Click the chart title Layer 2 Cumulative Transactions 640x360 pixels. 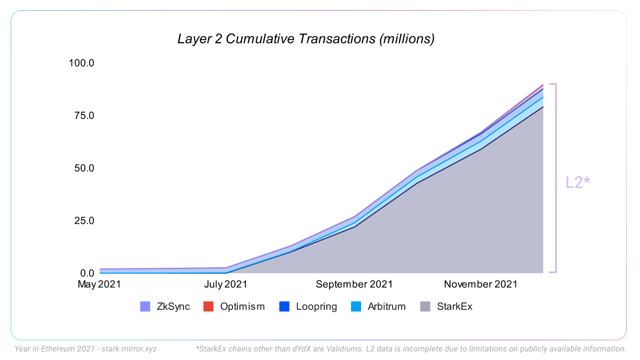pyautogui.click(x=306, y=39)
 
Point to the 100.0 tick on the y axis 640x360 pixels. pyautogui.click(x=81, y=63)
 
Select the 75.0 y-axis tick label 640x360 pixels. pyautogui.click(x=83, y=116)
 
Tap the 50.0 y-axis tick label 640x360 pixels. pyautogui.click(x=83, y=168)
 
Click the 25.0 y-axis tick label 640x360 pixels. pyautogui.click(x=83, y=221)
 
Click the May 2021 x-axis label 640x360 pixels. pyautogui.click(x=99, y=284)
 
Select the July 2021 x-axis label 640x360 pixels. pyautogui.click(x=226, y=284)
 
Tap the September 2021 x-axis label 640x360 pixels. pyautogui.click(x=354, y=284)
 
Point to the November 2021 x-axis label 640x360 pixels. pyautogui.click(x=481, y=284)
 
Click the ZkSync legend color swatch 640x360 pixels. pyautogui.click(x=145, y=307)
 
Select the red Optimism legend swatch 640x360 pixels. pyautogui.click(x=209, y=307)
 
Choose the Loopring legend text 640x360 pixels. pyautogui.click(x=316, y=307)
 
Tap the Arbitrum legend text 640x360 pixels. pyautogui.click(x=387, y=307)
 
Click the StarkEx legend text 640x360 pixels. pyautogui.click(x=454, y=307)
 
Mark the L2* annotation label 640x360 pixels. pyautogui.click(x=578, y=182)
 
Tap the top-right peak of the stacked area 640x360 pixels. pyautogui.click(x=542, y=85)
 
